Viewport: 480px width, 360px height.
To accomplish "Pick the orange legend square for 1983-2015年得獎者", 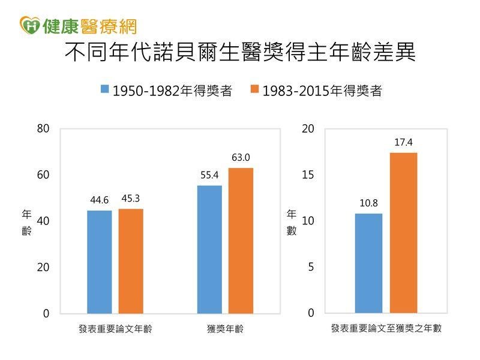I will [254, 90].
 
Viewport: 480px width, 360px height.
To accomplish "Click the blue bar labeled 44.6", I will [99, 262].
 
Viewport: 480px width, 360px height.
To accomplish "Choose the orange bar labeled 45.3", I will [131, 260].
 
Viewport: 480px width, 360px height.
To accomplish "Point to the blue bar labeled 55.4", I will [209, 249].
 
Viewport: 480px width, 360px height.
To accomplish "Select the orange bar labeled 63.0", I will [241, 240].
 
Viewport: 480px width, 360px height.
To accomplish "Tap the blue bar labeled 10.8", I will [368, 263].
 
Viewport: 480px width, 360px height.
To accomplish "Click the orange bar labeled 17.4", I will [404, 233].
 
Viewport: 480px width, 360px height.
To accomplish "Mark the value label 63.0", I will [241, 158].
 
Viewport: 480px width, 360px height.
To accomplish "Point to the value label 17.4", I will [404, 143].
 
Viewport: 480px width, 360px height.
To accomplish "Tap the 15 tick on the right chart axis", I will [308, 175].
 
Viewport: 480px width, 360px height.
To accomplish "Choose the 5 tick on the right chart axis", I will [311, 267].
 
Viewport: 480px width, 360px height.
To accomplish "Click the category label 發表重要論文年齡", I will [115, 329].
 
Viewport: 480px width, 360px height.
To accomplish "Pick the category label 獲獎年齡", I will [225, 329].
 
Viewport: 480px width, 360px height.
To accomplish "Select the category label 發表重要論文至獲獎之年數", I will [386, 329].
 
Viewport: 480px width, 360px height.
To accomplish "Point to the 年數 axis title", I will [291, 222].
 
